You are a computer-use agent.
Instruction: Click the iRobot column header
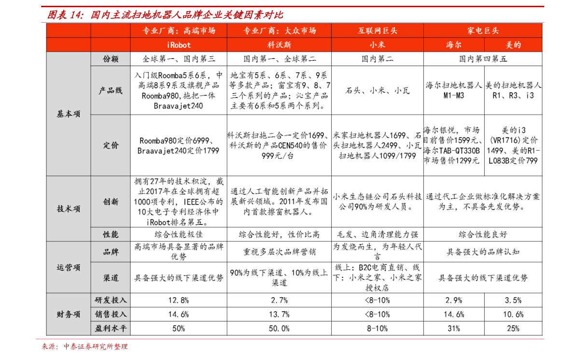point(179,45)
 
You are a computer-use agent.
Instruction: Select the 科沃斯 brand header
point(279,45)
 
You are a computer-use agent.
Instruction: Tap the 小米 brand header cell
point(378,45)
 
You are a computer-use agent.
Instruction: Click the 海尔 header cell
point(454,45)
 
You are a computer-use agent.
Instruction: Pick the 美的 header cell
point(513,45)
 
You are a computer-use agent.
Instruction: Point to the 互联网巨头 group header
point(378,30)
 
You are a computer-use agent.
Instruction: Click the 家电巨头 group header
point(483,30)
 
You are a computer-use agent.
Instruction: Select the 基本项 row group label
point(68,114)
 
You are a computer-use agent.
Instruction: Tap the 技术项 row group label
point(68,208)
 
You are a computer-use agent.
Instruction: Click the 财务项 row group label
point(68,314)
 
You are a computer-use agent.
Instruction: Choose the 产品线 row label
point(111,91)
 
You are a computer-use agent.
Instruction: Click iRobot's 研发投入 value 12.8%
point(179,300)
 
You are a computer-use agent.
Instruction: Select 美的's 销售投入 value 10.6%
point(513,314)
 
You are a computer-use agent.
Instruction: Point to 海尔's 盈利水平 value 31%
point(454,329)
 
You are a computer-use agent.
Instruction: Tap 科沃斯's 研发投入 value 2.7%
point(279,300)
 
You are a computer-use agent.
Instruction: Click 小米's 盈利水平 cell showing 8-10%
point(378,329)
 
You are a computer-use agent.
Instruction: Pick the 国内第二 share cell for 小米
point(378,59)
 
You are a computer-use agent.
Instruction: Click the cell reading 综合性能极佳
point(179,234)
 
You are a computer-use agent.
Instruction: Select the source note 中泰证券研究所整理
point(95,346)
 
